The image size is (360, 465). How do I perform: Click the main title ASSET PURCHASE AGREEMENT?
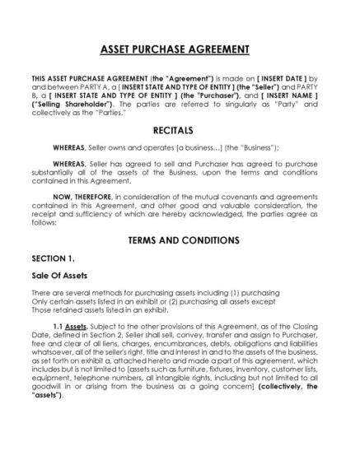click(180, 49)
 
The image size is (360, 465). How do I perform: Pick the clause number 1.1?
click(58, 328)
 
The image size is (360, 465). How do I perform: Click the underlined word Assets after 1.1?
click(77, 328)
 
